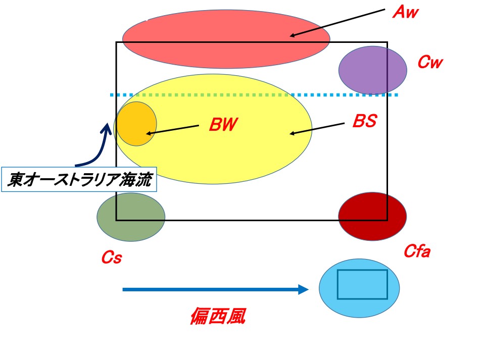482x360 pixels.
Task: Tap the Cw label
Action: (430, 63)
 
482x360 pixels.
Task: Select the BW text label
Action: (223, 124)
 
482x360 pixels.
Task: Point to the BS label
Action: (364, 122)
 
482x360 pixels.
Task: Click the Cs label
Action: (111, 258)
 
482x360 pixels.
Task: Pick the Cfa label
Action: (417, 251)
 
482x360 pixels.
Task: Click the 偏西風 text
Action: (218, 317)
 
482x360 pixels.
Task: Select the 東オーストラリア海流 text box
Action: (79, 179)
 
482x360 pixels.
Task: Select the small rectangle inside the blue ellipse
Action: (362, 284)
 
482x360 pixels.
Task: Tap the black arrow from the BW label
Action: (172, 129)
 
